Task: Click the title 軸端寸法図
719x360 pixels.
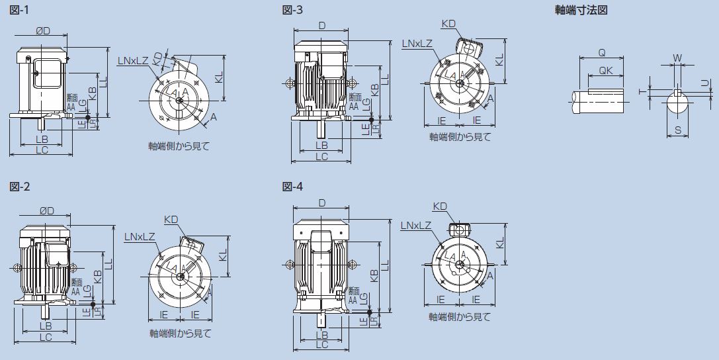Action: [x=581, y=10]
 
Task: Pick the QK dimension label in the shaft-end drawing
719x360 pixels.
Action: [x=604, y=70]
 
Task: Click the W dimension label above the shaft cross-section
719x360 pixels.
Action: [x=677, y=58]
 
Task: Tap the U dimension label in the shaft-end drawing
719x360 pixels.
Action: [x=704, y=81]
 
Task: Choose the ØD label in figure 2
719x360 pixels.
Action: [x=46, y=210]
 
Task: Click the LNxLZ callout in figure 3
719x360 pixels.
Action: [x=417, y=43]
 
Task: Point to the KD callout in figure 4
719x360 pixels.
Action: [x=439, y=206]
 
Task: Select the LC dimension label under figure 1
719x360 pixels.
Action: [x=41, y=150]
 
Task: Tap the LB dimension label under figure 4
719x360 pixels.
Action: [x=321, y=335]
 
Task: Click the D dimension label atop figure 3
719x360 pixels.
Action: [x=321, y=25]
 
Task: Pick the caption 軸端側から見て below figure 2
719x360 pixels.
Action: [x=179, y=333]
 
